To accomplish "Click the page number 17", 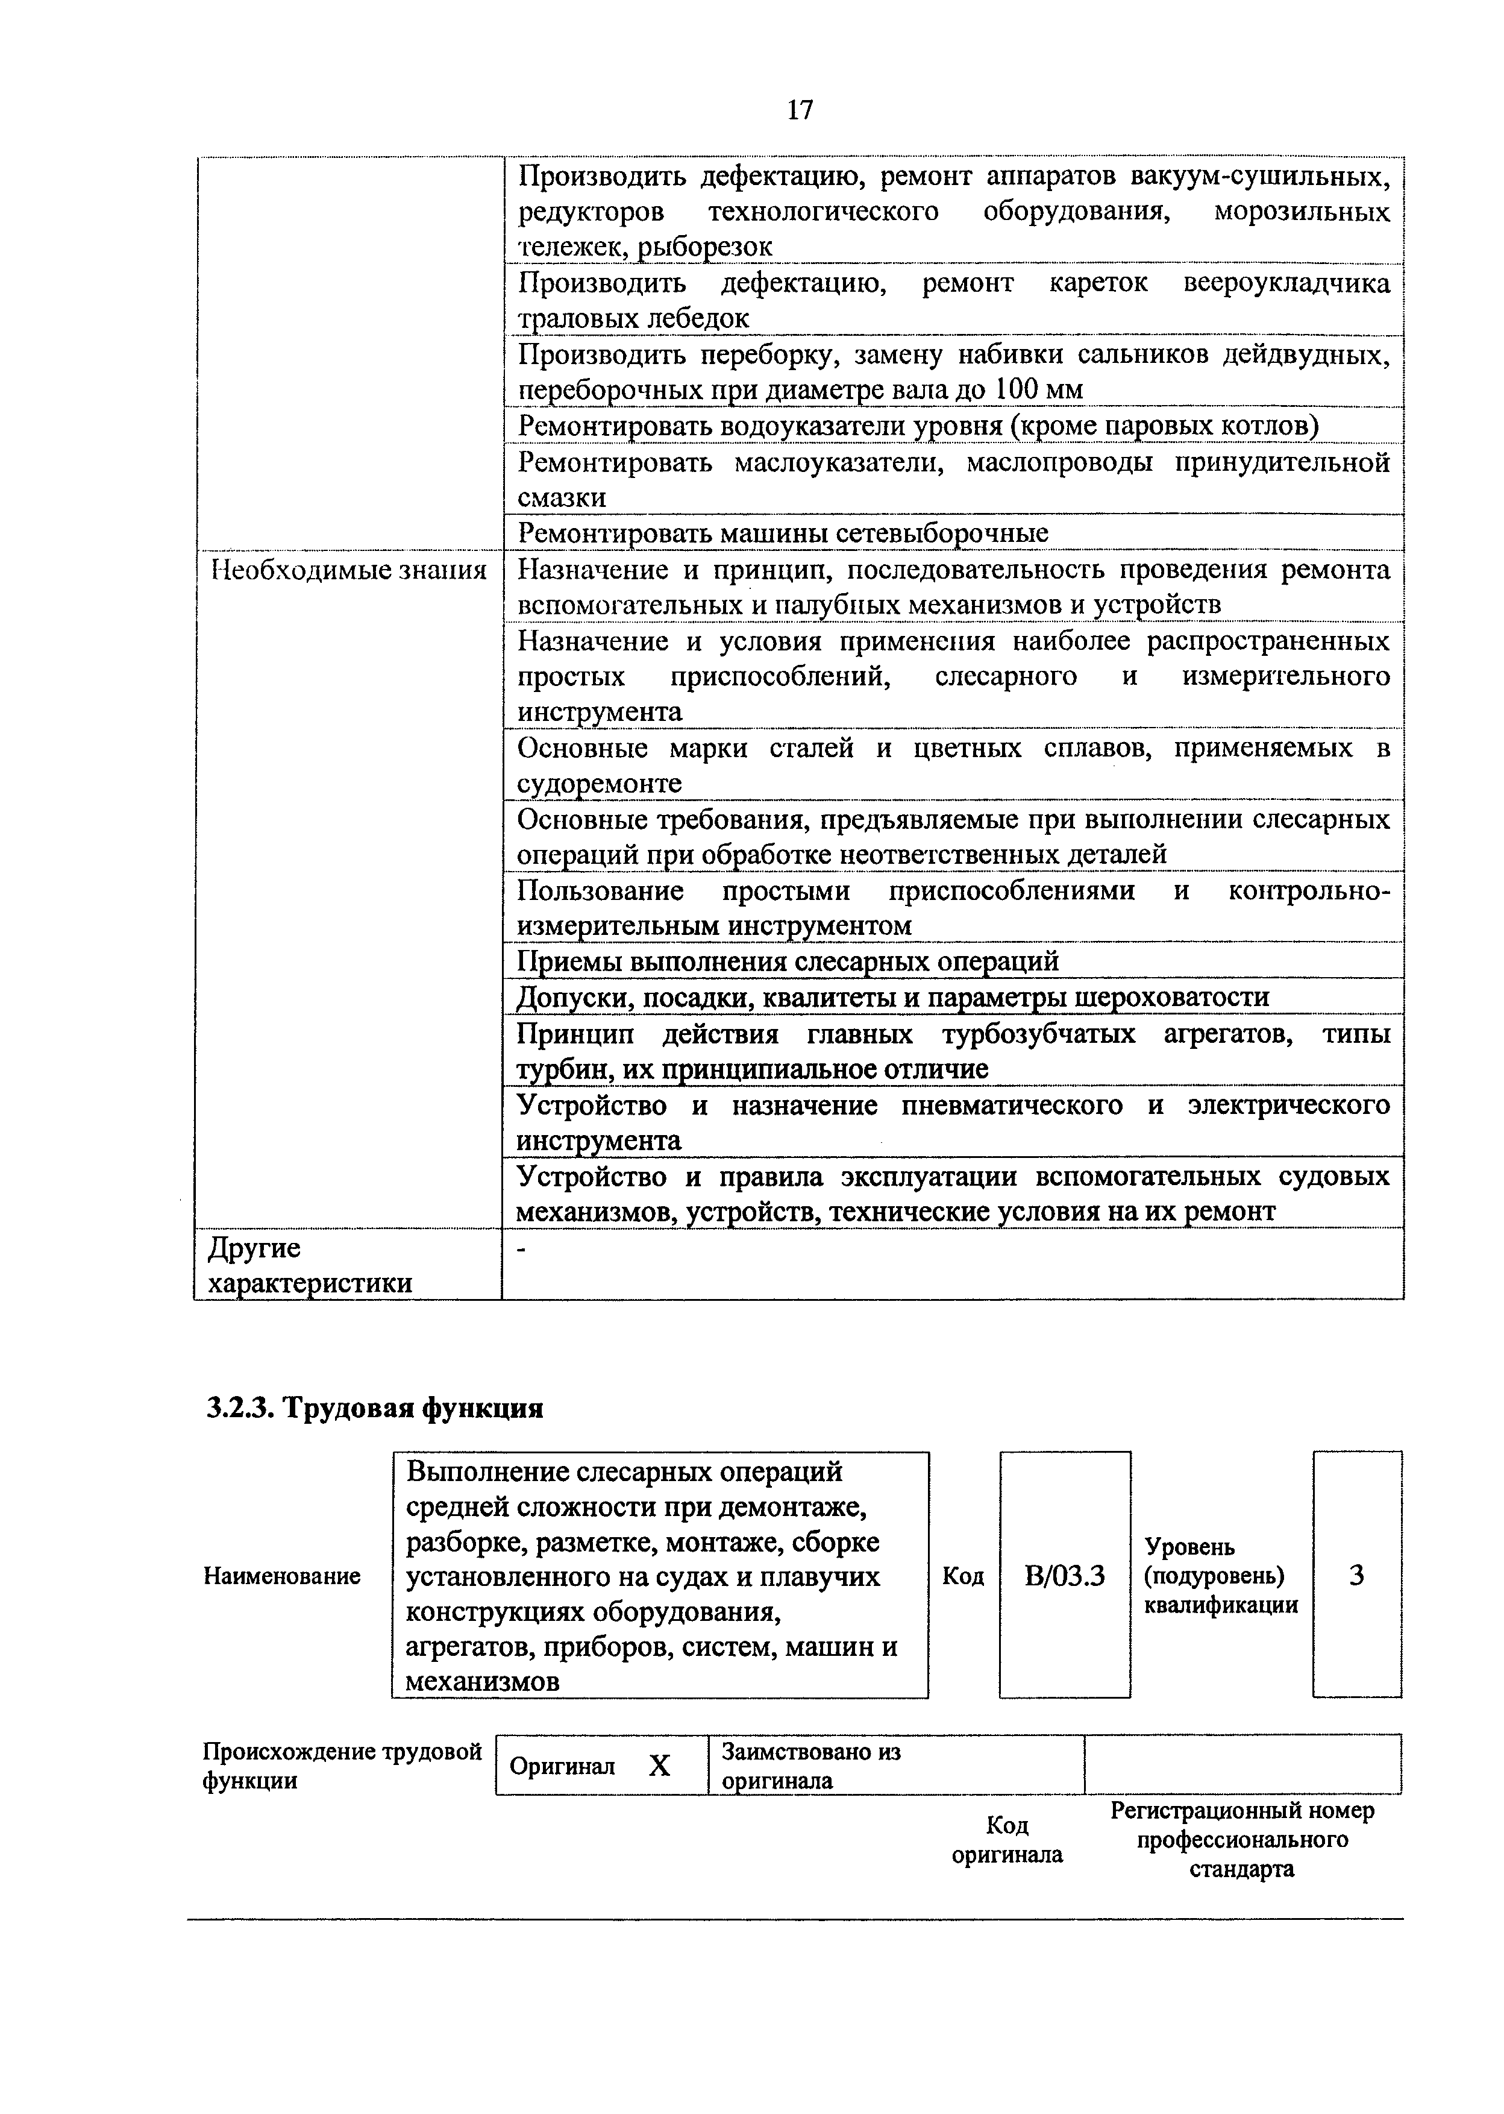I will coord(799,111).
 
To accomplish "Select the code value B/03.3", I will coord(1064,1576).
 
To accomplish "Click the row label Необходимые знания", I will coord(348,570).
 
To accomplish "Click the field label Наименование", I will coord(281,1576).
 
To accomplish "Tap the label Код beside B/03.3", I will coord(962,1576).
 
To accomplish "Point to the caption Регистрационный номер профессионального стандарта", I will coord(1241,1839).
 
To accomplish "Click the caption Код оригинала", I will coord(1007,1840).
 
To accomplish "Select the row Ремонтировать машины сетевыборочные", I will coord(783,533).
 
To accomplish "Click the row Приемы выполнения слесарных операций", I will coord(787,961).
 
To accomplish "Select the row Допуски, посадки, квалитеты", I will coord(892,997).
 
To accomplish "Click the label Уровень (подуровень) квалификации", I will coord(1221,1576).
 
